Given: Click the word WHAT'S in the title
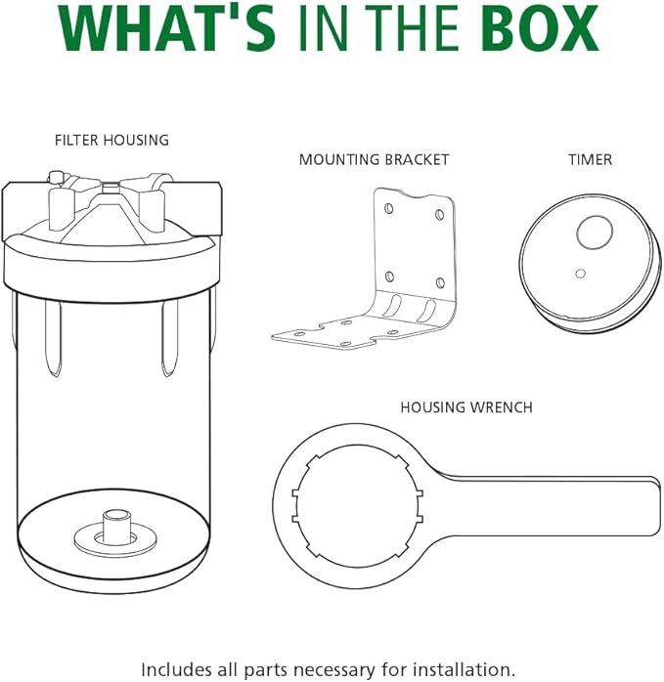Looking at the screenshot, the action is [167, 29].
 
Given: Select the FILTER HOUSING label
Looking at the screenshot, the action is [111, 140].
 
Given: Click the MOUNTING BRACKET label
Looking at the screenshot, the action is [374, 159].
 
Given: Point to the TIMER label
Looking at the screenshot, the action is [591, 159].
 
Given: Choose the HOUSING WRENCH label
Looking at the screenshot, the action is [466, 407].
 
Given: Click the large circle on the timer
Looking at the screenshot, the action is [595, 233].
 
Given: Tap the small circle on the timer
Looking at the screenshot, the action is [580, 274].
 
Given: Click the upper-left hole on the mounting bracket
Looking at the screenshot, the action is [389, 209].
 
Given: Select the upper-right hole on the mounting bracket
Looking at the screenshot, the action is [440, 214].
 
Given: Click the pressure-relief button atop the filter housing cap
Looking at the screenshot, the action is [56, 178].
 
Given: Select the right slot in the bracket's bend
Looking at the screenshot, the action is [427, 310].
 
